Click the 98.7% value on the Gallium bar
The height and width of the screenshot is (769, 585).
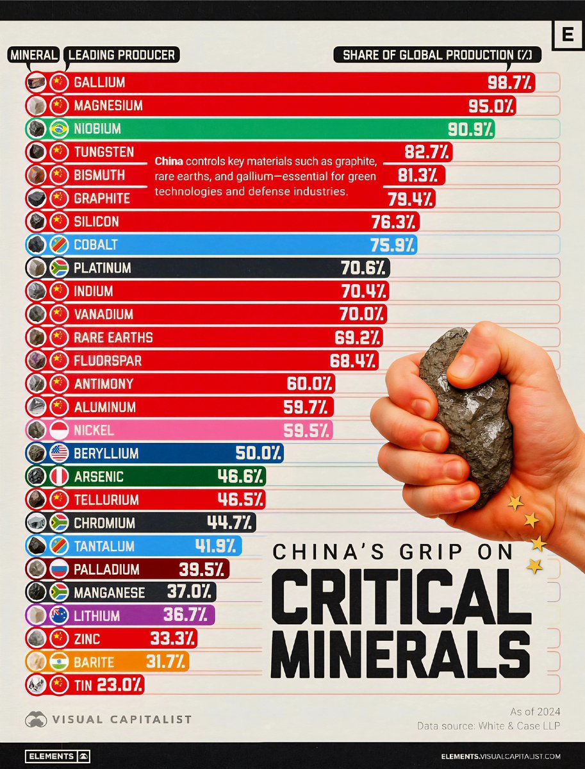(x=510, y=83)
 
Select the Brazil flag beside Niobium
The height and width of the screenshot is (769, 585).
(x=59, y=129)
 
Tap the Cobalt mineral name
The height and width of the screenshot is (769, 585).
(x=95, y=245)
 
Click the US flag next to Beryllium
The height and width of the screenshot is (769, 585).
(x=59, y=454)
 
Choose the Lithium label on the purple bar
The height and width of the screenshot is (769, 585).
(x=97, y=616)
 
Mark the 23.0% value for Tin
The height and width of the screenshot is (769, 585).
(x=120, y=685)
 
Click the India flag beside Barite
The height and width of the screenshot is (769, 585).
(x=59, y=662)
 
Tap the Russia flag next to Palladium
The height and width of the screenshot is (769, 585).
(x=59, y=570)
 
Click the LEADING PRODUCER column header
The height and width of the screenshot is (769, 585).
(x=122, y=55)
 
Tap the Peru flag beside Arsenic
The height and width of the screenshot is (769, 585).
(x=59, y=477)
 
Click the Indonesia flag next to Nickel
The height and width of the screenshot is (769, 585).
(x=59, y=430)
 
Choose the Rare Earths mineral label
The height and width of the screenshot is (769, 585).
(x=113, y=337)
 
